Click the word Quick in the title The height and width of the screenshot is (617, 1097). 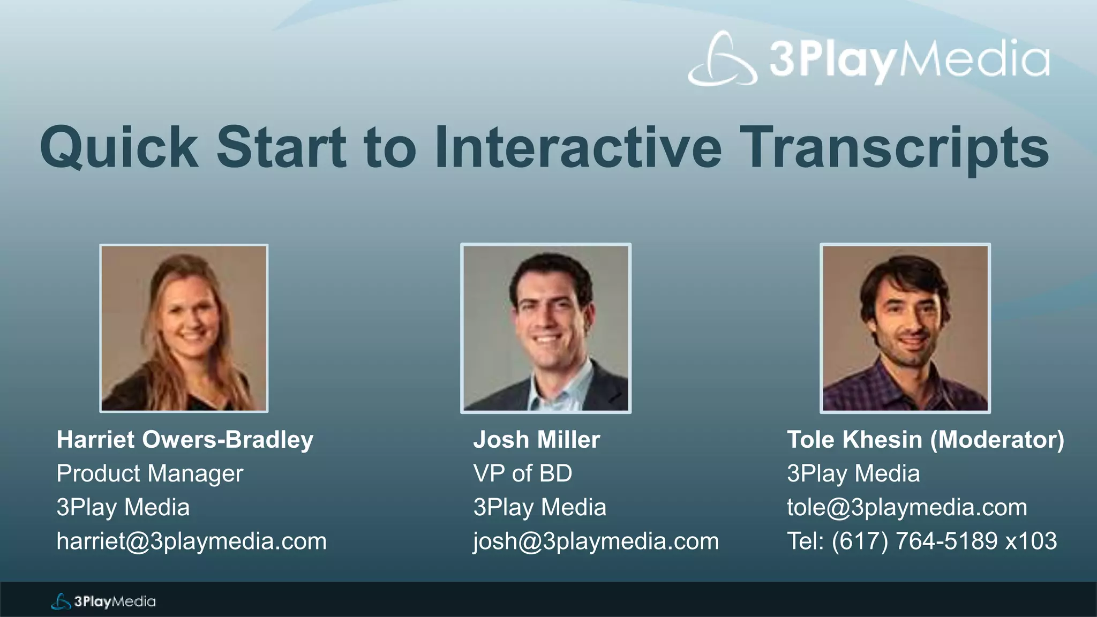119,147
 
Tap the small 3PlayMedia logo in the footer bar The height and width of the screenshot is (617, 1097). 103,601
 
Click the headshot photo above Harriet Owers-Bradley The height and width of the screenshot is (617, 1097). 184,328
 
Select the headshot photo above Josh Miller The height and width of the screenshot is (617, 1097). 546,328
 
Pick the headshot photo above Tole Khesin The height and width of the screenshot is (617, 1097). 905,328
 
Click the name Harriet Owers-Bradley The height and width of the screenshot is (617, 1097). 185,440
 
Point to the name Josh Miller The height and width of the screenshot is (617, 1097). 537,440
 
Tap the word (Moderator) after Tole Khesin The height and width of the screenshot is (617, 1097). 997,440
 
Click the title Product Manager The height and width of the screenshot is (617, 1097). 150,473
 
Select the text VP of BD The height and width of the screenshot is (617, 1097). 523,473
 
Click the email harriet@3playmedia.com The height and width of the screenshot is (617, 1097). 191,541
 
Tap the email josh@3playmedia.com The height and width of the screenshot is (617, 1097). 596,541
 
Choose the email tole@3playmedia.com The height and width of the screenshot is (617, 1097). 907,507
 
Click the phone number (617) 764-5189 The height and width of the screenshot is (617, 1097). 914,541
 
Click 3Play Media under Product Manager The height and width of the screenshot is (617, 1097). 123,507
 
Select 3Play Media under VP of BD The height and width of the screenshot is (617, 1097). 539,507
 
